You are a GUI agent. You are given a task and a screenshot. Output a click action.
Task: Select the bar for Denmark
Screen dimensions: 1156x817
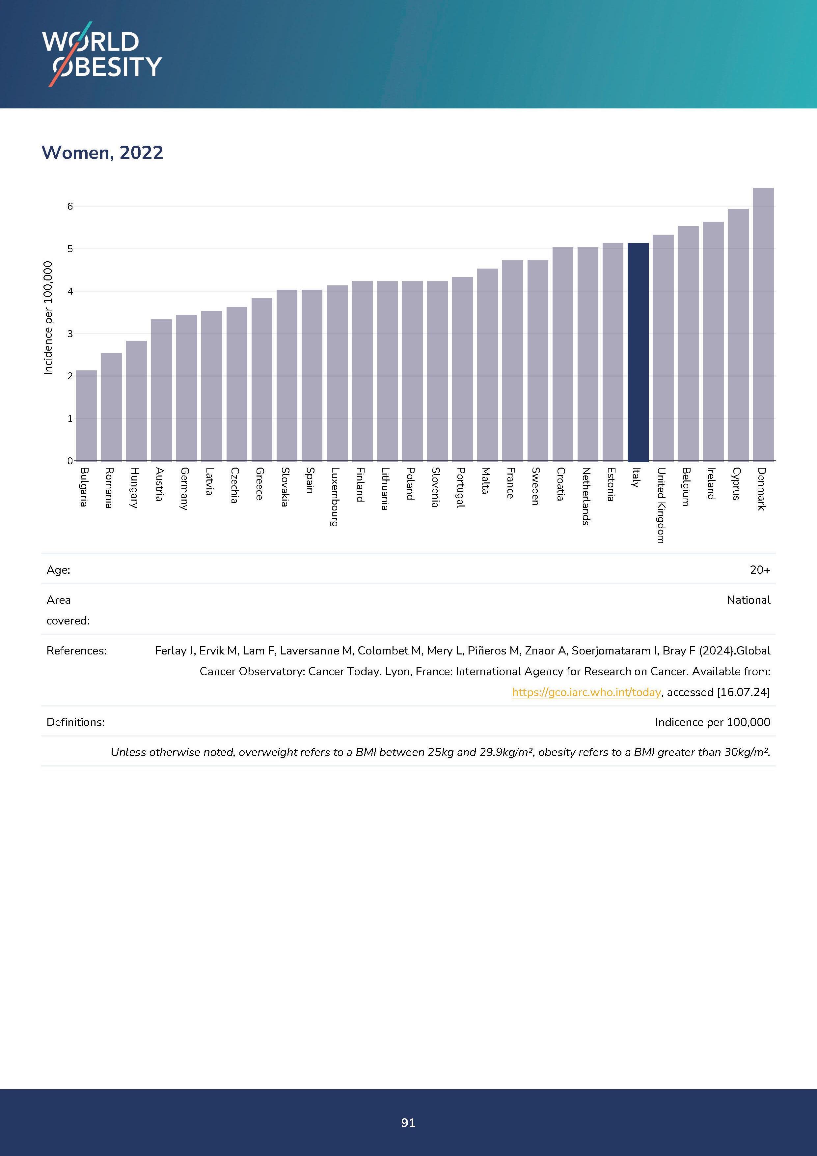763,324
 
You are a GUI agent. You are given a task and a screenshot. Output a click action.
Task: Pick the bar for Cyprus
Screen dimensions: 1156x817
738,335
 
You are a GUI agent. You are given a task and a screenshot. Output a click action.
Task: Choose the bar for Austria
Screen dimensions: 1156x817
161,390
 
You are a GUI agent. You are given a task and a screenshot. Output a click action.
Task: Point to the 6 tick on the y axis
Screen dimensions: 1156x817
70,206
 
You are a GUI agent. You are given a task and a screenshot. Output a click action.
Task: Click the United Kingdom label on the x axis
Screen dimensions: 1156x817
661,505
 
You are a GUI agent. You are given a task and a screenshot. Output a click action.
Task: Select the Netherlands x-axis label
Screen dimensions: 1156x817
586,496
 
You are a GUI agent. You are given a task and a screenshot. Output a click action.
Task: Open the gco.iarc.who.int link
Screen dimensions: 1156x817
586,692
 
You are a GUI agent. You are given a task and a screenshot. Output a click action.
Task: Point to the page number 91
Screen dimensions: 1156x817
408,1122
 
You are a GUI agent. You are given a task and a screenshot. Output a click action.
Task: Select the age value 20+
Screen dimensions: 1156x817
760,570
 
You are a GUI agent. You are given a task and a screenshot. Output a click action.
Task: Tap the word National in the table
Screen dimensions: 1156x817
748,600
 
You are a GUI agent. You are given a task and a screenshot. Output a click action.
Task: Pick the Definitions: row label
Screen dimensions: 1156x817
75,722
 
